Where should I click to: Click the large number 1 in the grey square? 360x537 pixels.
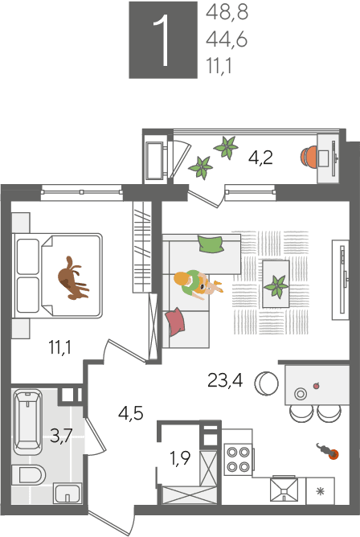click(162, 40)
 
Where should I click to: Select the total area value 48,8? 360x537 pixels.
click(227, 13)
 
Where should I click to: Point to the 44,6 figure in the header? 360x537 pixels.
click(227, 39)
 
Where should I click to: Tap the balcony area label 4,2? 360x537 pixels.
click(261, 158)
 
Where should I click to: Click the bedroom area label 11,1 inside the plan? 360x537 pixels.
click(60, 347)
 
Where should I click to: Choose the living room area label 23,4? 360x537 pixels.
click(225, 380)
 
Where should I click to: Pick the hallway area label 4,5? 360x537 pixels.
click(131, 413)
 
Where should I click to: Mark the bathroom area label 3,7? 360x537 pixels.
click(61, 436)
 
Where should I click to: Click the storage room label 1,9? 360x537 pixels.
click(180, 458)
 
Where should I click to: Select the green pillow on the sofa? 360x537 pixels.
click(211, 244)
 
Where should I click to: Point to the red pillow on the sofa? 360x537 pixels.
click(175, 322)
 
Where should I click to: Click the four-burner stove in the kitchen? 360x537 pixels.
click(238, 459)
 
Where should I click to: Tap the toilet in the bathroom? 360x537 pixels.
click(29, 474)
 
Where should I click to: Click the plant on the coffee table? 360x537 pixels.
click(276, 286)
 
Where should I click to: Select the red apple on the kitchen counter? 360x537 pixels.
click(317, 385)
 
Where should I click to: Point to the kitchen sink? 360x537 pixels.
click(284, 490)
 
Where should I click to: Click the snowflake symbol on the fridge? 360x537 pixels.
click(320, 491)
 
